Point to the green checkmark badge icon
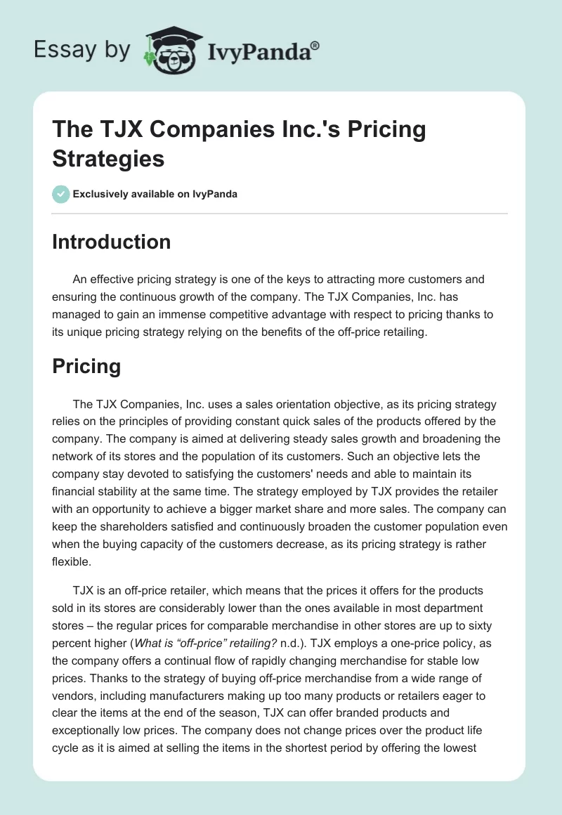pos(61,194)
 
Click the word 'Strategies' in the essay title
pos(108,158)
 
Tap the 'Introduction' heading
pos(112,242)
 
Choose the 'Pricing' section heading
pos(86,366)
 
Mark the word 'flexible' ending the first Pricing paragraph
pos(72,560)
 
